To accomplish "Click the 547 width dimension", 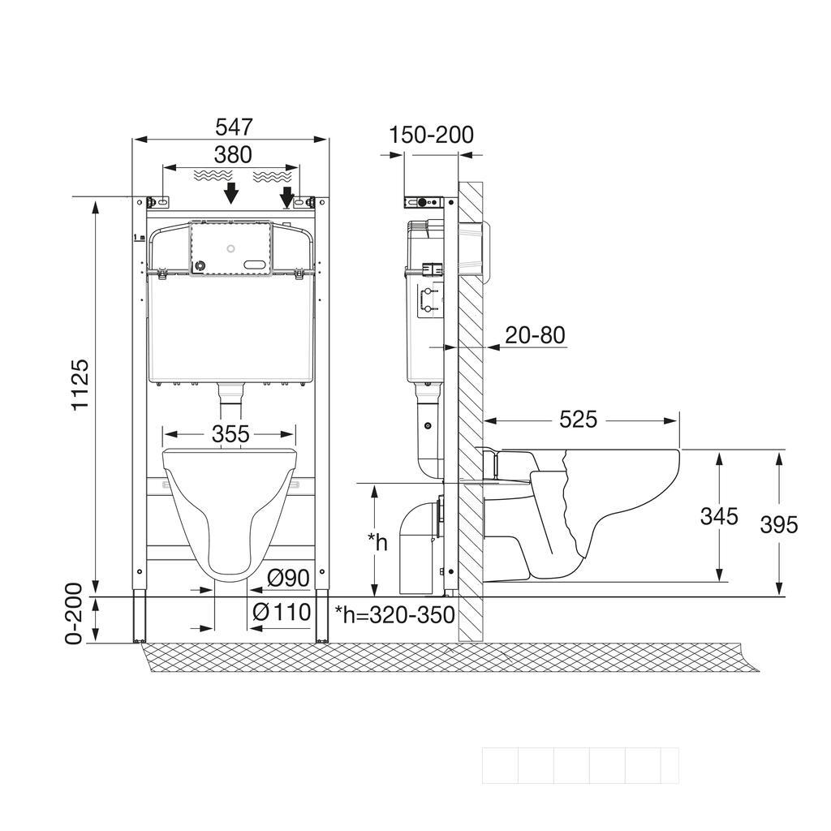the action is click(234, 127).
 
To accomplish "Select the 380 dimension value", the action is click(233, 155).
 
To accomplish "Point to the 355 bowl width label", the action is click(230, 434).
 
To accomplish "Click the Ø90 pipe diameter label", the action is click(288, 578).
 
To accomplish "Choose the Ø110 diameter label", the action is click(282, 612).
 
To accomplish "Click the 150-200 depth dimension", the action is click(432, 135).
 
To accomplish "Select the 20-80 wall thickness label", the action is click(536, 335).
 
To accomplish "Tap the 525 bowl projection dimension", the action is click(579, 420).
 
